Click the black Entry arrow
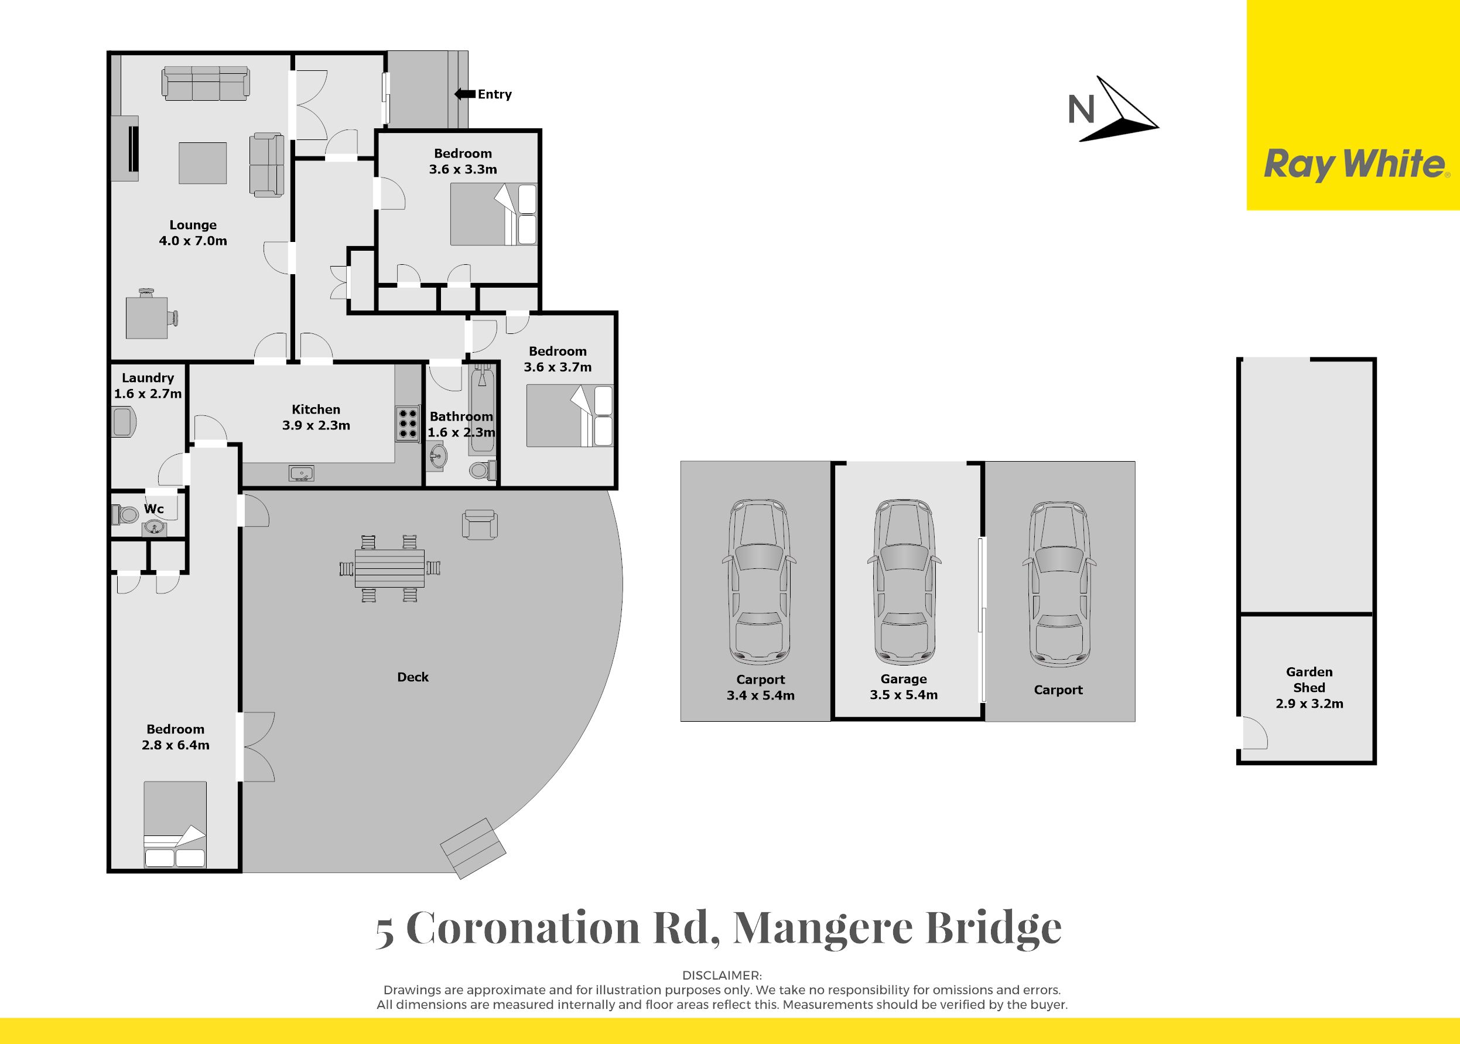pos(464,94)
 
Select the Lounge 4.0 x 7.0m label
pos(193,233)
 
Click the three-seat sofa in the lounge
pos(206,83)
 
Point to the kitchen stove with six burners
pos(407,424)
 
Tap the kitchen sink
pos(302,474)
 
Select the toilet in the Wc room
pos(125,514)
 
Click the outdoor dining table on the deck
pos(389,568)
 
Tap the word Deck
pos(412,677)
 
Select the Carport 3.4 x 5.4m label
pos(761,687)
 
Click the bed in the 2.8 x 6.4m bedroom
pos(175,825)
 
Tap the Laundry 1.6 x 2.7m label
pos(148,385)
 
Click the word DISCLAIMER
pos(722,975)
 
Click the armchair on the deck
pos(480,524)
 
